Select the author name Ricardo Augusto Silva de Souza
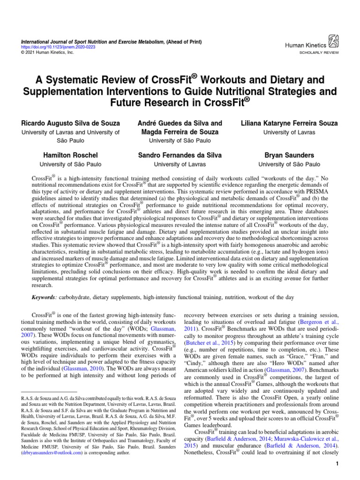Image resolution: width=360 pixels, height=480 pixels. [70, 123]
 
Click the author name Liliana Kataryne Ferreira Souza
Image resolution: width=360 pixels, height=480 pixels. [289, 123]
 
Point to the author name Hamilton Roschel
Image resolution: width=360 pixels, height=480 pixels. [71, 155]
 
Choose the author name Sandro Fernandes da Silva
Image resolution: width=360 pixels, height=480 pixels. [180, 155]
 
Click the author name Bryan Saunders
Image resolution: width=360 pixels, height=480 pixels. [289, 155]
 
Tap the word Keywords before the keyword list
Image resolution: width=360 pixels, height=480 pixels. [43, 298]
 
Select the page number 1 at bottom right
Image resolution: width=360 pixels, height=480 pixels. [337, 464]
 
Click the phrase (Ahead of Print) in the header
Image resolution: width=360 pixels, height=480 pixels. [183, 42]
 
